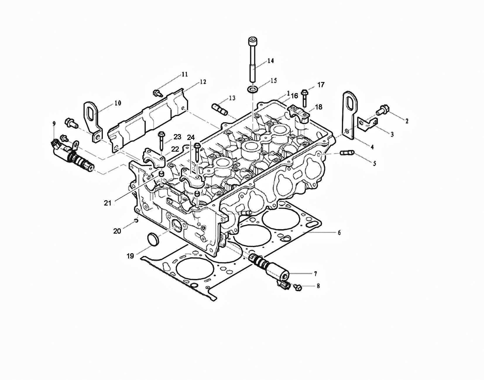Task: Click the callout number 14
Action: coord(270,61)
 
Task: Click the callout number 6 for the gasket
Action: coord(339,232)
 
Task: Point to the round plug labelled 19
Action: coord(153,239)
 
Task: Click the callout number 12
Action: coord(203,82)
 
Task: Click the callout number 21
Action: coord(108,203)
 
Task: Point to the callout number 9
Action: coord(54,124)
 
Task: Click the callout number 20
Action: coord(117,231)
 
